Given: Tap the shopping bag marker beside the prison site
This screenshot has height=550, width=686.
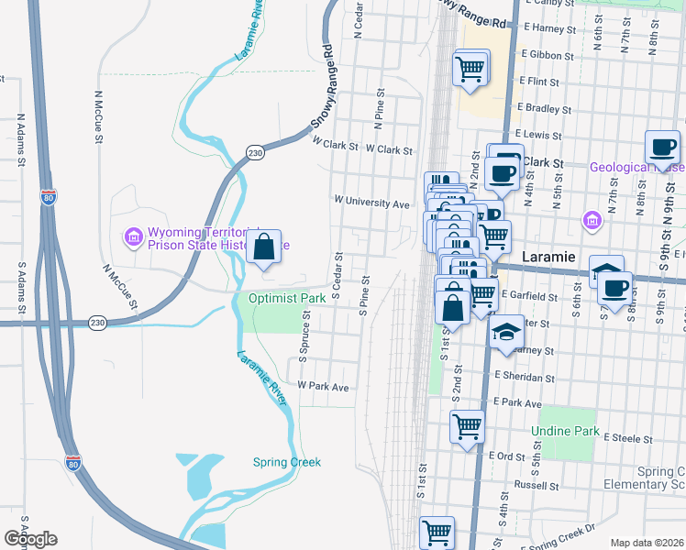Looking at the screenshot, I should (264, 247).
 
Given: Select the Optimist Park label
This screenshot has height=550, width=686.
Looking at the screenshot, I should (288, 299).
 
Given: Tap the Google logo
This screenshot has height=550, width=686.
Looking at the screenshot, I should (30, 539).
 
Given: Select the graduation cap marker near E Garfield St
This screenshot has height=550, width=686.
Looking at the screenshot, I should (606, 270).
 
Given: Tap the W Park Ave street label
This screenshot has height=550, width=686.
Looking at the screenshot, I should (322, 388).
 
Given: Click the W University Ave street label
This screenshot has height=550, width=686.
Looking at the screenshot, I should (371, 202).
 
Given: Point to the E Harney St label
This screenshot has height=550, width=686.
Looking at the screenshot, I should (548, 28).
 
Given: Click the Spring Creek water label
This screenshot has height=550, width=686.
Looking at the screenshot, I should (287, 462).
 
